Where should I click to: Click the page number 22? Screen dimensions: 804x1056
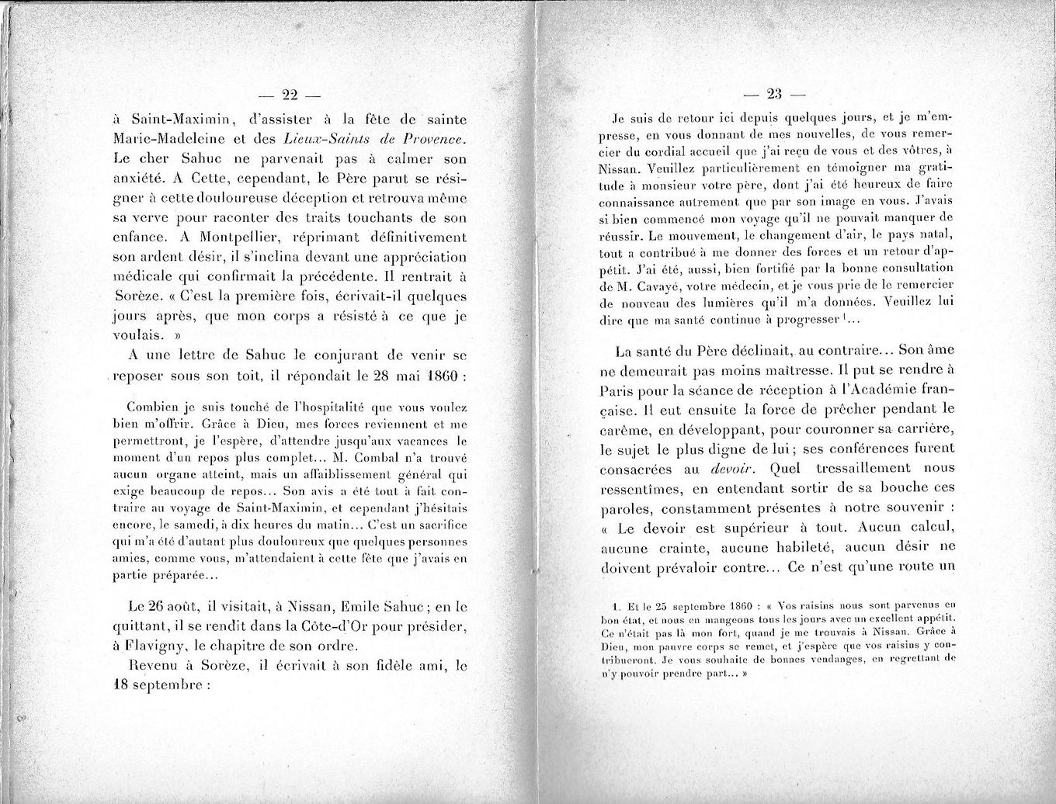point(290,95)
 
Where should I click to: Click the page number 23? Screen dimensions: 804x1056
point(773,95)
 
